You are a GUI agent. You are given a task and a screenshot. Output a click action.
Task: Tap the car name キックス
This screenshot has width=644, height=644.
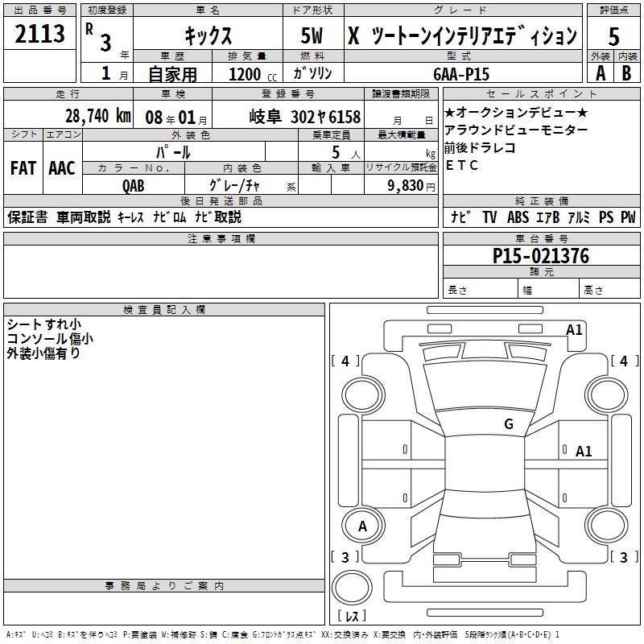[x=208, y=36]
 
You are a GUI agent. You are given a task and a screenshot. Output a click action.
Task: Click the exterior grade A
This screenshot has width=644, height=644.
[x=600, y=72]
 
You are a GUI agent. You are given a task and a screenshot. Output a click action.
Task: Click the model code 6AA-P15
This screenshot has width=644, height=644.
[x=460, y=73]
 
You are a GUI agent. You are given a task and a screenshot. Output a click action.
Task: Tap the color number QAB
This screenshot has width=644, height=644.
[x=134, y=185]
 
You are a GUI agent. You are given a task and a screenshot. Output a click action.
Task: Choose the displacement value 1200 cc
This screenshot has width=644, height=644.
[x=250, y=74]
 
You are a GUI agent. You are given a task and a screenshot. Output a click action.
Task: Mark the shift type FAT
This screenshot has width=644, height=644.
[x=23, y=168]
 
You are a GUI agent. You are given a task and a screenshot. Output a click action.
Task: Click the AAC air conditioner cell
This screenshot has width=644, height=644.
[x=62, y=168]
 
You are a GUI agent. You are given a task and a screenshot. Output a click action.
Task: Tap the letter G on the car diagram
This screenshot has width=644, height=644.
[x=508, y=424]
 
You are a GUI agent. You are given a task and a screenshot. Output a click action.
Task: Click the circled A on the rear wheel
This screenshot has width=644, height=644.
[x=362, y=526]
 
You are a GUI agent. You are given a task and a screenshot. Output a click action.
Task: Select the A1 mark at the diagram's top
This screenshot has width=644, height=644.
[x=574, y=329]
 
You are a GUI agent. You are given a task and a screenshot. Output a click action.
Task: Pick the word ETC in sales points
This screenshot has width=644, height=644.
[x=461, y=165]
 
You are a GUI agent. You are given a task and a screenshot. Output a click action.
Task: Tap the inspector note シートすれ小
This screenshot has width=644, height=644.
[x=43, y=324]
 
